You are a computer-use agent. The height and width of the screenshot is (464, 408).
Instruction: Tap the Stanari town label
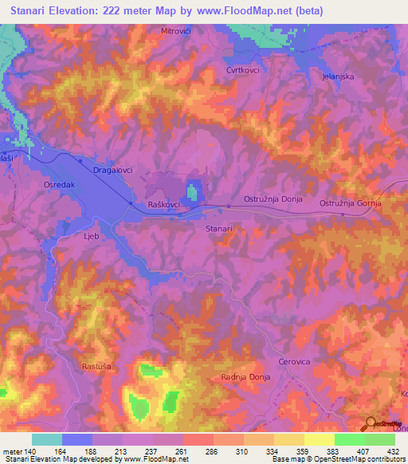[219, 228]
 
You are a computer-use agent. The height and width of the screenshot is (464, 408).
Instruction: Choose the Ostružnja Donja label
[273, 199]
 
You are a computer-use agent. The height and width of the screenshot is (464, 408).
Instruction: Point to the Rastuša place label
[97, 367]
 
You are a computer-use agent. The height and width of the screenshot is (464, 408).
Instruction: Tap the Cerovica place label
[293, 361]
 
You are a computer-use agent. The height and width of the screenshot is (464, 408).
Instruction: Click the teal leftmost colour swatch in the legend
[46, 439]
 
